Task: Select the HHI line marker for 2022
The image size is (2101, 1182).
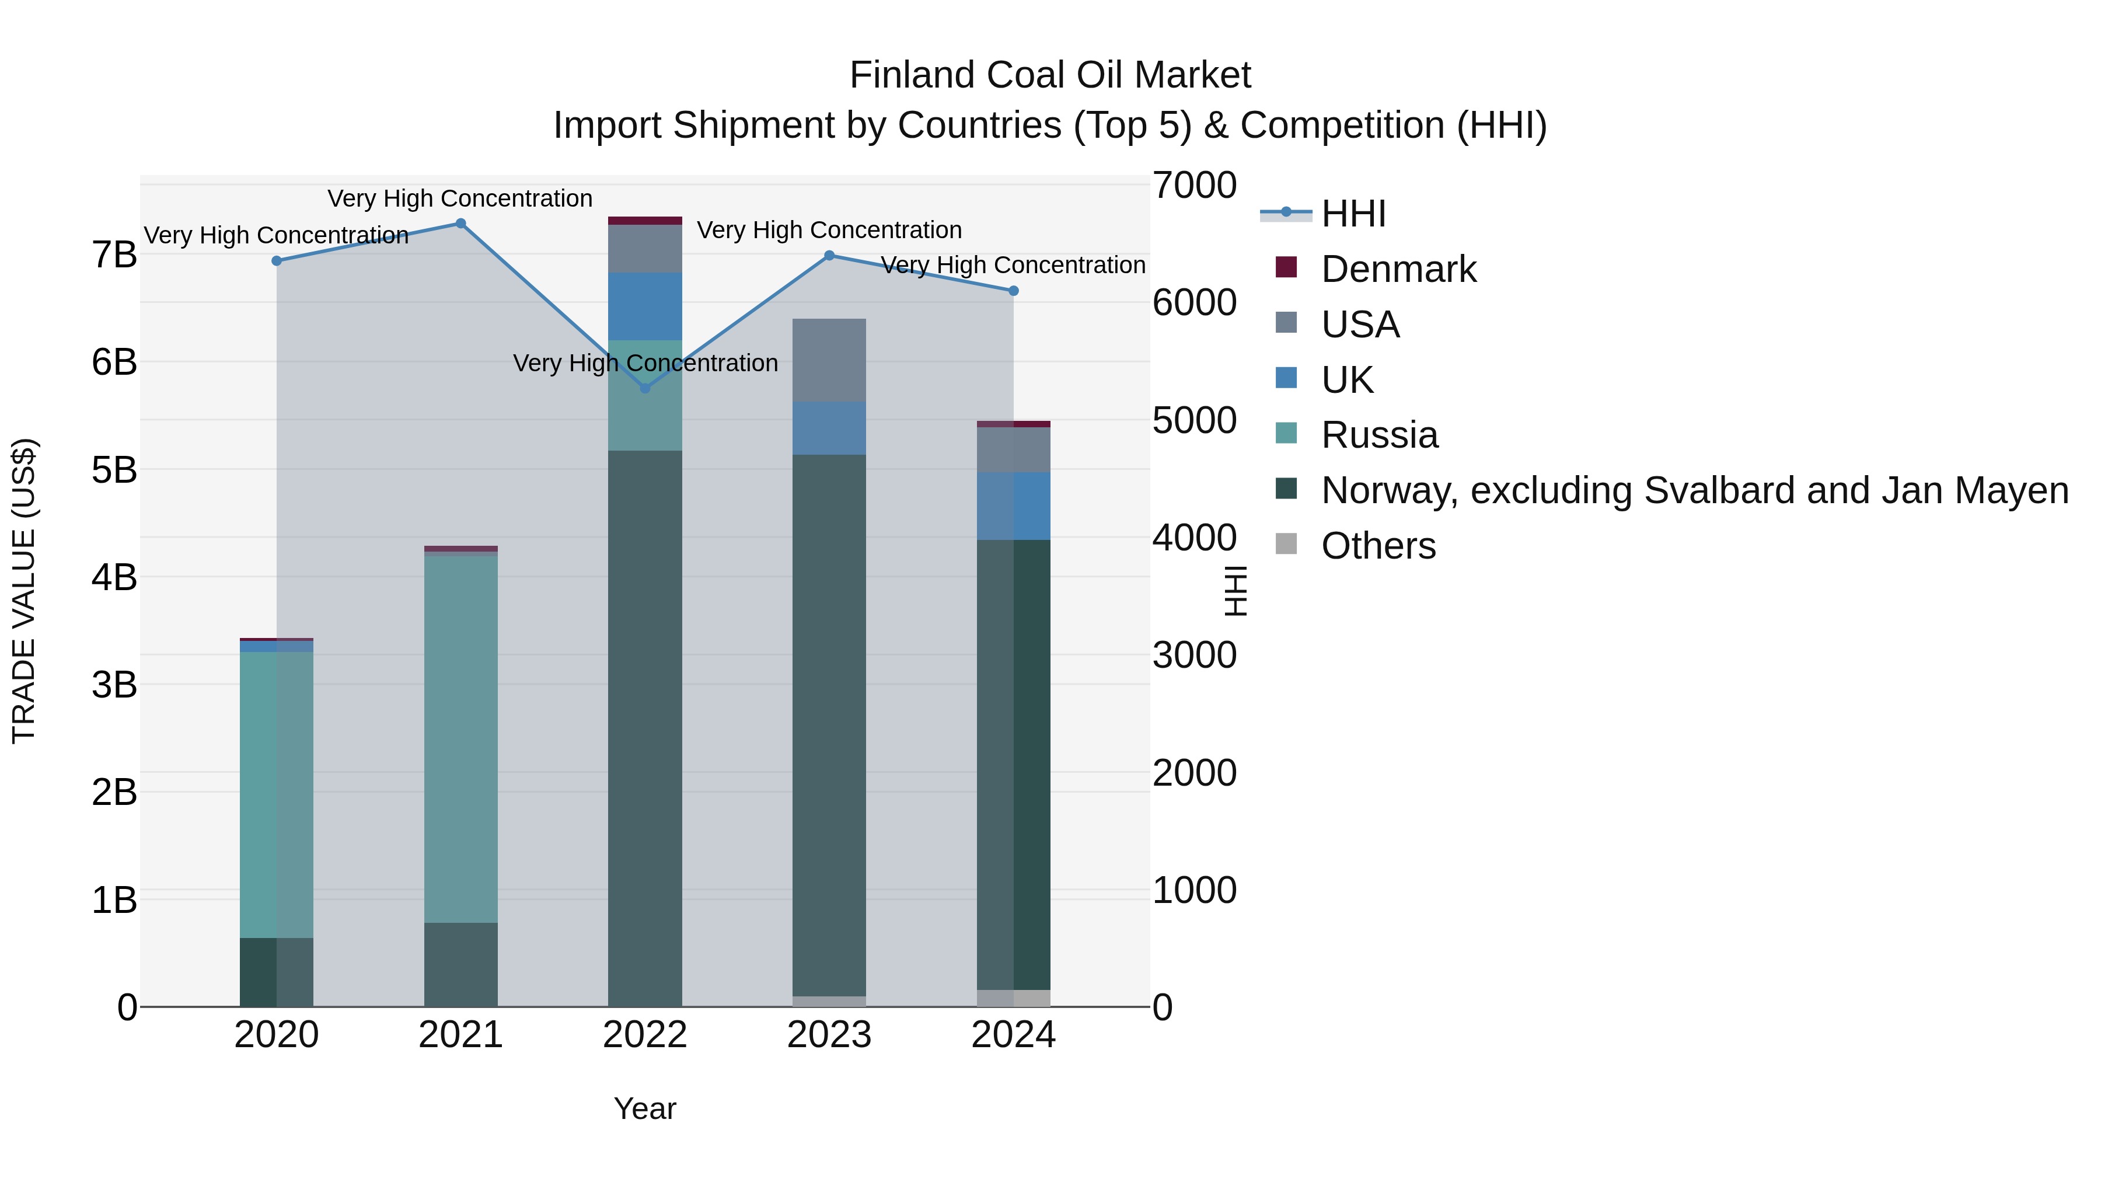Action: tap(645, 388)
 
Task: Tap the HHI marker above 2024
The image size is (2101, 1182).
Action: tap(1014, 291)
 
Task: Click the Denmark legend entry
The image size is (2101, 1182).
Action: tap(1398, 269)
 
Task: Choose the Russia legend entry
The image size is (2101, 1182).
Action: tap(1379, 435)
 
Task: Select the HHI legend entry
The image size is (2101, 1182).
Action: tap(1353, 214)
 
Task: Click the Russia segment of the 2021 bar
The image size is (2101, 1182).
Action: tap(461, 738)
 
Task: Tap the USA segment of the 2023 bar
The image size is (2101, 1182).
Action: tap(829, 360)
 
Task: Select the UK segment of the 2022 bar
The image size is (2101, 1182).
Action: tap(645, 306)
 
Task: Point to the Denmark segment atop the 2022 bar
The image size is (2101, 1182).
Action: tap(645, 220)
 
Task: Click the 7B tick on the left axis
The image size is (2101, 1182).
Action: tap(114, 255)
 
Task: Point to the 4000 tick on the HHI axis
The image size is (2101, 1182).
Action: tap(1194, 538)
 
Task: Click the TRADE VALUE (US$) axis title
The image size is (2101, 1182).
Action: tap(25, 590)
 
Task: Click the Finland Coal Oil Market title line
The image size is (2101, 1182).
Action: tap(1050, 76)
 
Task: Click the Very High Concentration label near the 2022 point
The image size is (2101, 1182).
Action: tap(645, 363)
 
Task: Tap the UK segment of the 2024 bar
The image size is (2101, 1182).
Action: tap(1014, 505)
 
